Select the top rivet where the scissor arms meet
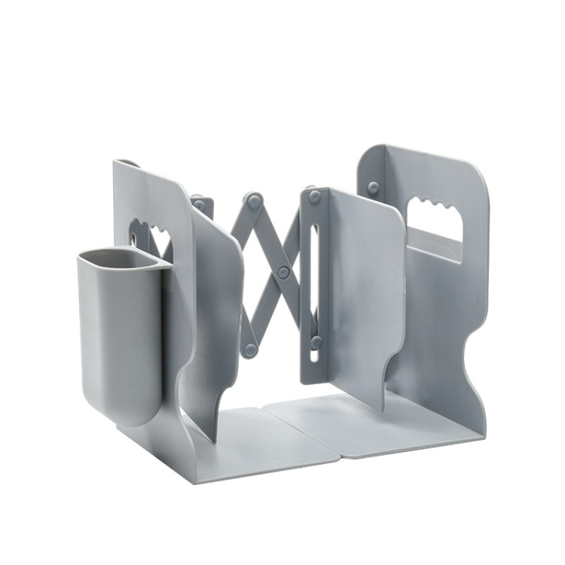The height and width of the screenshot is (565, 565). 254,200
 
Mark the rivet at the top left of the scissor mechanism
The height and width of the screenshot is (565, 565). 198,201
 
